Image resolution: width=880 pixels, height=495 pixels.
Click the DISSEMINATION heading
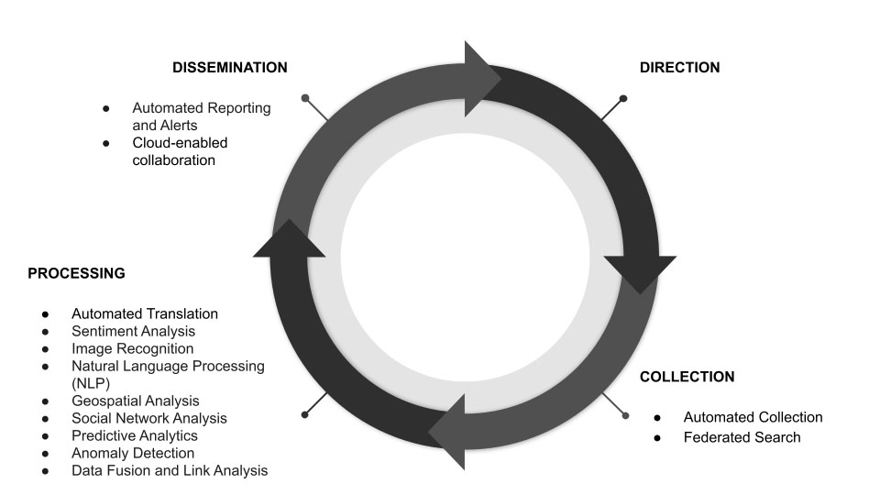230,68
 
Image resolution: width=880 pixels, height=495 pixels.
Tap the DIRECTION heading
679,68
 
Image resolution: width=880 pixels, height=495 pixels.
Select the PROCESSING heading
76,273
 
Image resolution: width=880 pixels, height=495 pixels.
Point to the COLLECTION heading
687,377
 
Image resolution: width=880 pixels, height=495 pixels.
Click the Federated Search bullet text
742,437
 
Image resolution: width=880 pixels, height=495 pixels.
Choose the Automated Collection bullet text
753,417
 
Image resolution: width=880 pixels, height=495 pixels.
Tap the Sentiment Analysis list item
133,331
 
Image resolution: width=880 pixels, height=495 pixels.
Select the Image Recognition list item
132,348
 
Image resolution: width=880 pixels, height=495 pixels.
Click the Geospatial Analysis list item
135,401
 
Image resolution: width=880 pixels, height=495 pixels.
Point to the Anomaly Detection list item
133,453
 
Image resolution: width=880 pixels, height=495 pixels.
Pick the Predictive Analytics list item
135,435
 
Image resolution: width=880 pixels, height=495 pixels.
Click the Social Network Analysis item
148,418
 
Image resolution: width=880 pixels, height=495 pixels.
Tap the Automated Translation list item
145,313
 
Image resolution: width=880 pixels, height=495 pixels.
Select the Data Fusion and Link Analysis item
170,470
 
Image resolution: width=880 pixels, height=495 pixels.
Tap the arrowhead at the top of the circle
481,79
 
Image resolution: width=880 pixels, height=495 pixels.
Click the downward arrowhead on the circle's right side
639,272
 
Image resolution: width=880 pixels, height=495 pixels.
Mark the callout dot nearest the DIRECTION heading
623,98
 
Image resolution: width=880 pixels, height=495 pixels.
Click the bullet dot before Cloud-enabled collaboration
106,143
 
